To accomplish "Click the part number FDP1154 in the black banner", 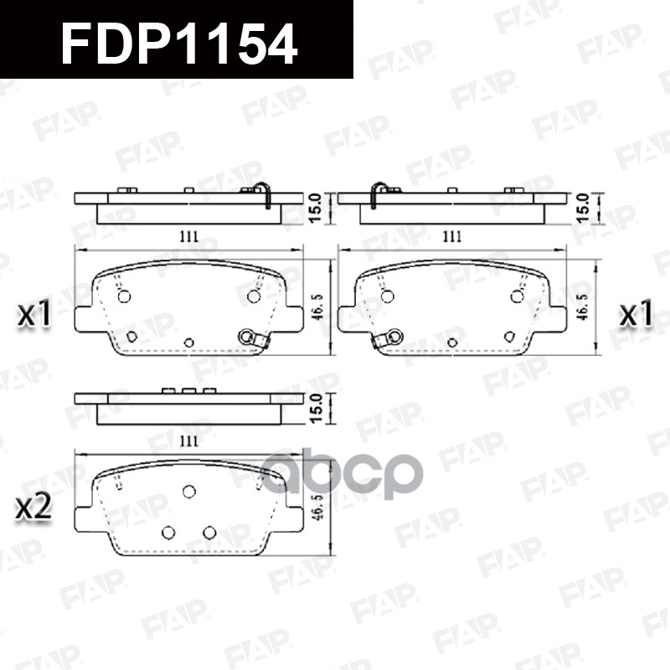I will point(179,43).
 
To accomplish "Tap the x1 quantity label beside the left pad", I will point(35,315).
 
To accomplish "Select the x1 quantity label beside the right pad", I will point(636,315).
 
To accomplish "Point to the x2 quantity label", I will point(35,508).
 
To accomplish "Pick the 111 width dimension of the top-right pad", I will point(451,237).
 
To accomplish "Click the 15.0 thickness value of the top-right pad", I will point(583,206).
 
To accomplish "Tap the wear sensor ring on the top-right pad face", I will point(391,337).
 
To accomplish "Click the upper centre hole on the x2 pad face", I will point(188,492).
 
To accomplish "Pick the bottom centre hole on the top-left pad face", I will point(188,343).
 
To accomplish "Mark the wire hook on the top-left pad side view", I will point(262,193).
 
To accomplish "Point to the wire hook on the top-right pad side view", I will point(379,193).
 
